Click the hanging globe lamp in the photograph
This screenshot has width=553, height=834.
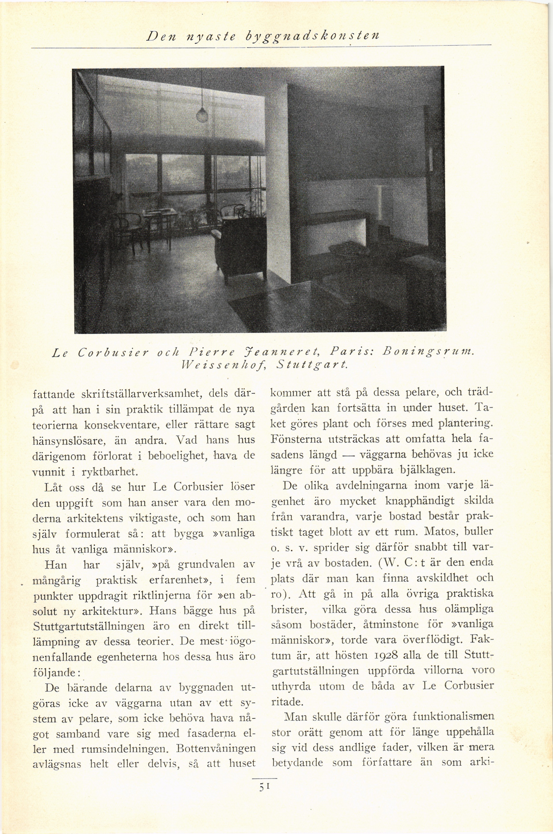202,114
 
